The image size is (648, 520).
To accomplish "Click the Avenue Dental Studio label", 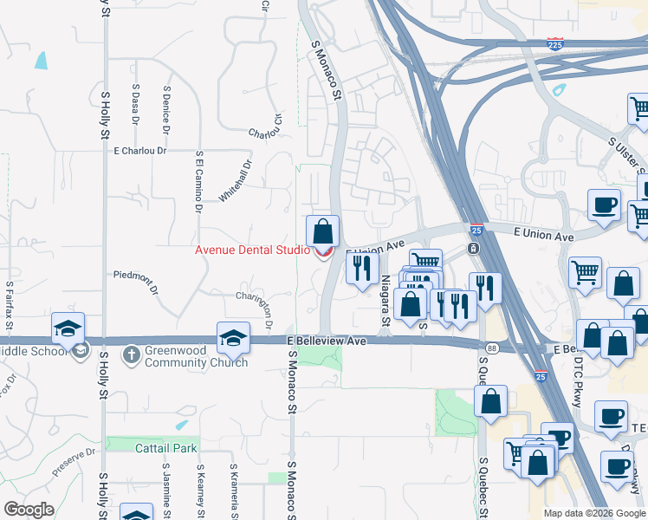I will click(x=251, y=250).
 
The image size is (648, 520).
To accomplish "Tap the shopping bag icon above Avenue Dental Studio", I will click(x=322, y=232).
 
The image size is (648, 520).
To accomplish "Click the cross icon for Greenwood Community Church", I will click(x=131, y=354).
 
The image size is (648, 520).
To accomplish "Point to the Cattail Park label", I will click(x=167, y=448).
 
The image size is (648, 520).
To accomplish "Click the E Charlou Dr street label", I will click(x=139, y=150).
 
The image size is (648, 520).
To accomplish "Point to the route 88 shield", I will click(x=491, y=348).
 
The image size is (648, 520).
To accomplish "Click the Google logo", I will click(x=29, y=510).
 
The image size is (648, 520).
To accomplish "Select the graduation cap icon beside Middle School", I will click(x=67, y=329).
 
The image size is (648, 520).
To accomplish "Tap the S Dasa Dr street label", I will click(x=136, y=101).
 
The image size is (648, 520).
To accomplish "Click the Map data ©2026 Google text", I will click(x=593, y=513).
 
